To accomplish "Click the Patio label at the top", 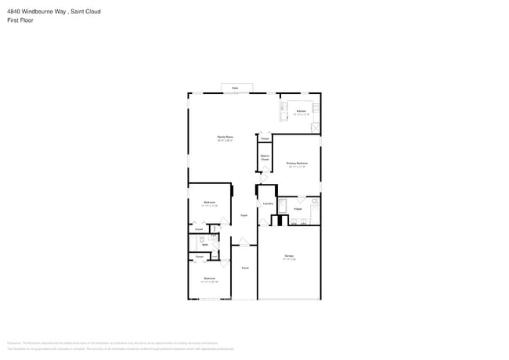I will (235, 88).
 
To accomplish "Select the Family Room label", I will (225, 138).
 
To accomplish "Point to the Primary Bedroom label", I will (297, 164).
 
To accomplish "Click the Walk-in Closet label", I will (265, 157).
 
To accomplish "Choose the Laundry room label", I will (268, 203).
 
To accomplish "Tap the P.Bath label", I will (298, 208).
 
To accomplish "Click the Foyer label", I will (244, 214).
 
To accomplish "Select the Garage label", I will (289, 257).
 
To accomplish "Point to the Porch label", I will (244, 268).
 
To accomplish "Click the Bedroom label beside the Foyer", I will (210, 203).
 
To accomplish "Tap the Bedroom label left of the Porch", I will (209, 279).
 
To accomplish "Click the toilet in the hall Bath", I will (202, 239).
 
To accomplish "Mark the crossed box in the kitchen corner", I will (315, 127).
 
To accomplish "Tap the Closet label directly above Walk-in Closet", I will (265, 139).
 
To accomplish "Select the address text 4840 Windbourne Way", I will (36, 12).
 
